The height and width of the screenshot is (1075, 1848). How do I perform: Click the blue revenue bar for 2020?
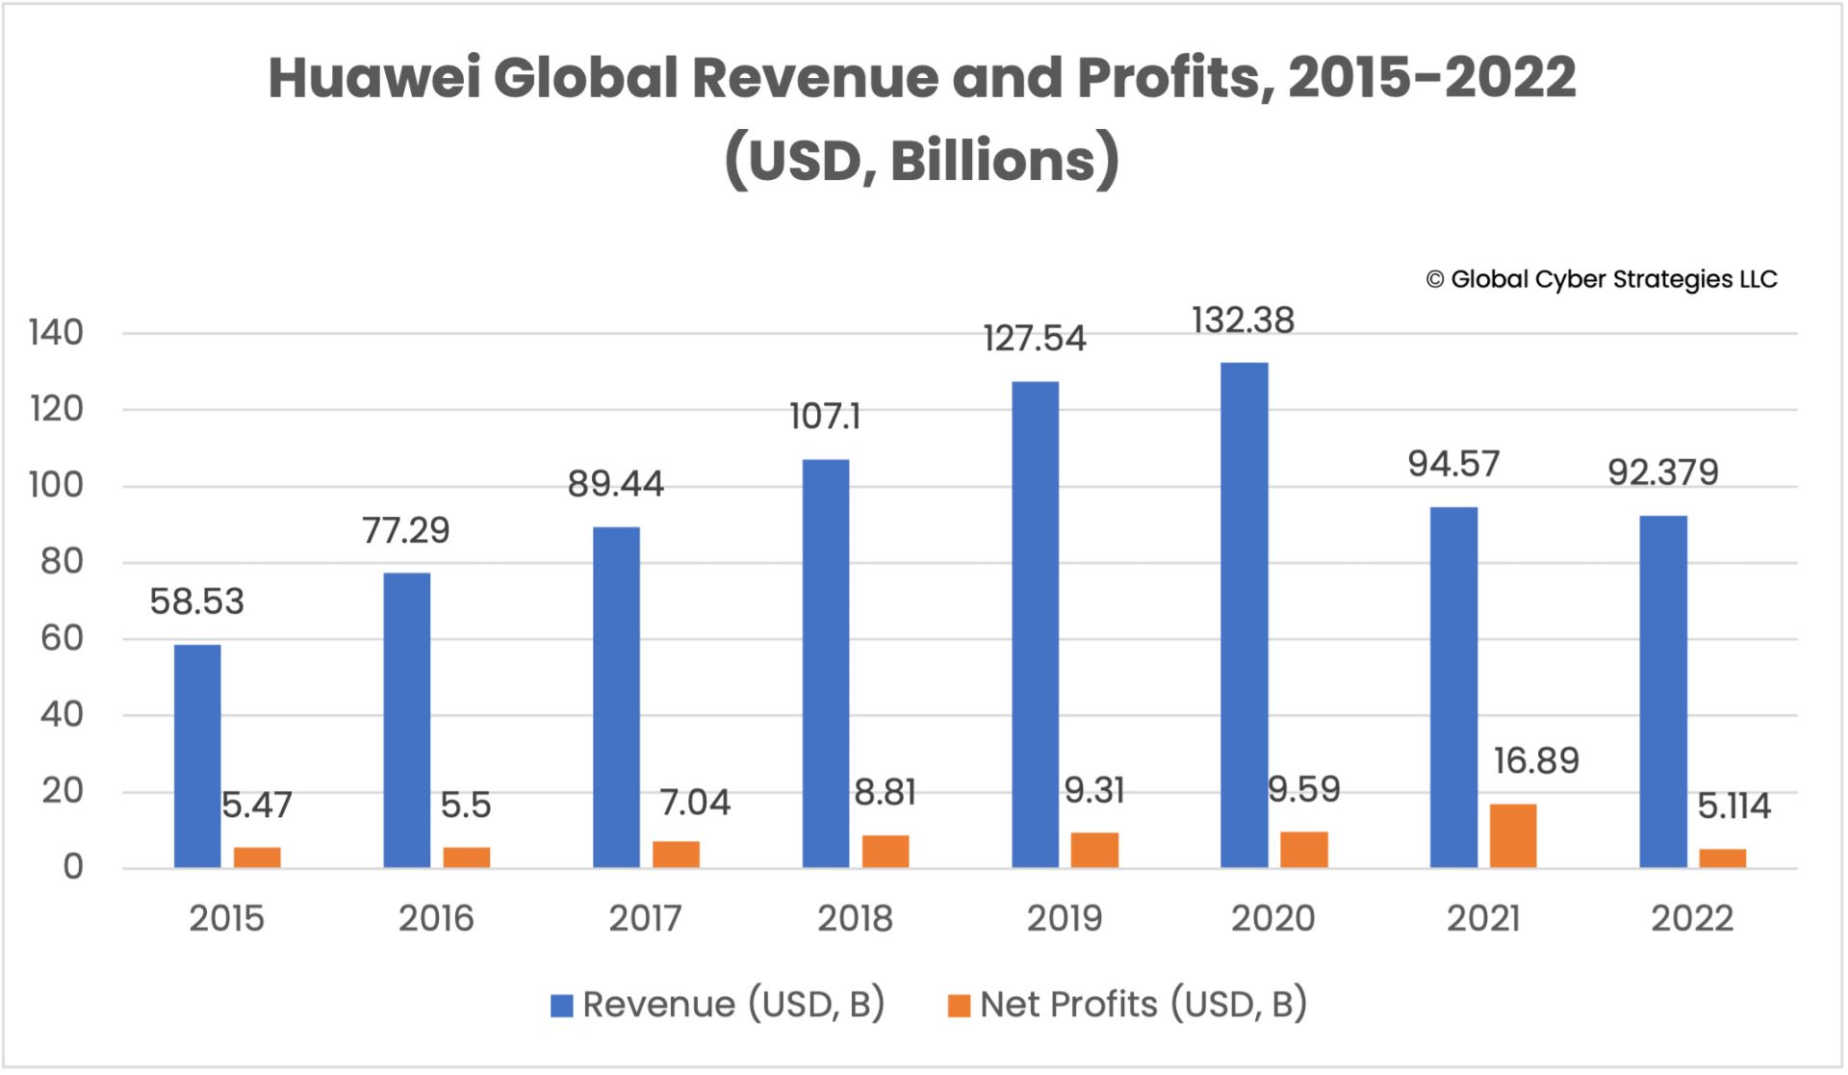(1244, 616)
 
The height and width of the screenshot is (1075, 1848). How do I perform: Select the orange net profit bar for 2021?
(1513, 835)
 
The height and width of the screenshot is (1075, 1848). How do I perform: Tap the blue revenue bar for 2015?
(197, 756)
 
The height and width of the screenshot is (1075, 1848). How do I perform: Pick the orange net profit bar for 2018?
(885, 852)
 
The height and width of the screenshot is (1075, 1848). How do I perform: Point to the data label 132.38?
(1243, 320)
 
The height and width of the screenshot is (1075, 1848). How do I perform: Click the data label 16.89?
(1536, 761)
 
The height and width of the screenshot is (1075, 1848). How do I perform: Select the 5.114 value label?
(1733, 806)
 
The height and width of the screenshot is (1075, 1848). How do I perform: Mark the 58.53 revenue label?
(197, 602)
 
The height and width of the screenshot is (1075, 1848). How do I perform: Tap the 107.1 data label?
(825, 417)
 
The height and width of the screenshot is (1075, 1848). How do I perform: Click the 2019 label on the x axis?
(1064, 918)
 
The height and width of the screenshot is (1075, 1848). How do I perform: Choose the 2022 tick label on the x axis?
(1692, 918)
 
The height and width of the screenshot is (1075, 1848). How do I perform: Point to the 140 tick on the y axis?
(57, 333)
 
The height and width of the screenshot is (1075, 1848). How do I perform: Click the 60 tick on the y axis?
(62, 638)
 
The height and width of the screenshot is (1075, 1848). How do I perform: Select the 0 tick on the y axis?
(73, 867)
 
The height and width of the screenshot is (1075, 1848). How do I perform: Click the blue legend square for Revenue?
(561, 1006)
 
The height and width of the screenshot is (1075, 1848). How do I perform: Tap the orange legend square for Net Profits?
(959, 1006)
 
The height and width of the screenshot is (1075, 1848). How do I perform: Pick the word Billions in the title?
(992, 161)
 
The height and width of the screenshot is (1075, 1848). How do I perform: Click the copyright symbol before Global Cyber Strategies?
(1434, 280)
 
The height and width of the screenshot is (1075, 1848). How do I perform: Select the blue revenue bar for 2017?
(616, 698)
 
